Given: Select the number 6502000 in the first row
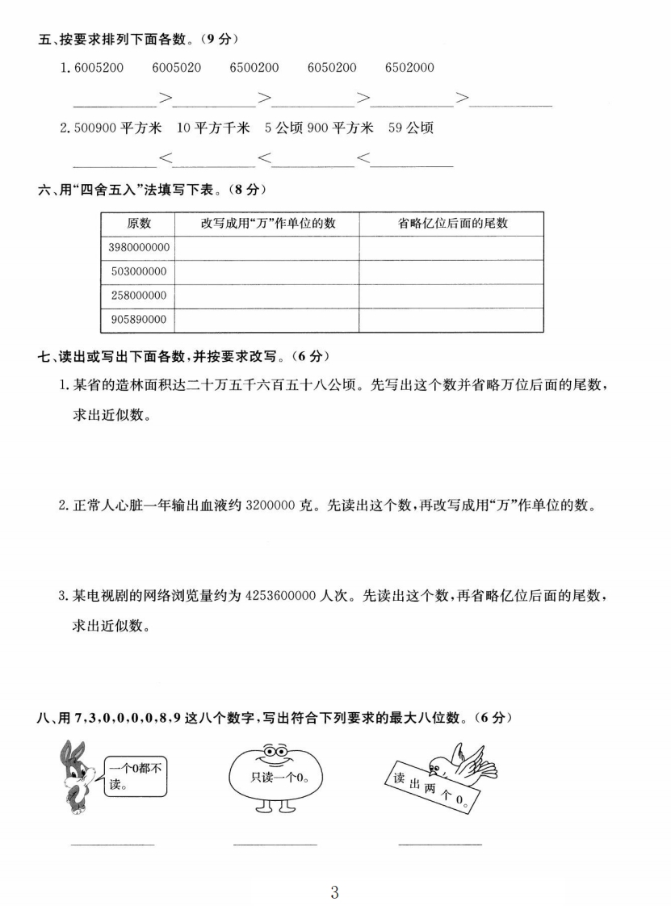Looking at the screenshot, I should point(409,68).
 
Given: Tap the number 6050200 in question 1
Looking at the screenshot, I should point(332,68).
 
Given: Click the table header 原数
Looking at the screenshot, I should point(138,224).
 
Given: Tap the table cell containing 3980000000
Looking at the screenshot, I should point(138,248).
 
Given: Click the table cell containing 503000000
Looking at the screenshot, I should point(138,272).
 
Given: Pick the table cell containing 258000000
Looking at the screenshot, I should point(138,296).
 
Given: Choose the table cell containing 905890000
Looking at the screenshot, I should point(138,321).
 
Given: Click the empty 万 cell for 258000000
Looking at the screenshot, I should point(267,296).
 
